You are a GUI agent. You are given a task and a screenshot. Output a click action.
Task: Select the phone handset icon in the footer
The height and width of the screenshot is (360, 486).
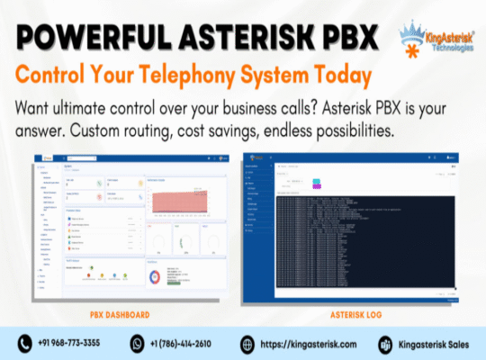pyautogui.click(x=25, y=343)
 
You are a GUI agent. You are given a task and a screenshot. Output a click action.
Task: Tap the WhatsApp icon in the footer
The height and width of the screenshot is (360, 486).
pyautogui.click(x=137, y=343)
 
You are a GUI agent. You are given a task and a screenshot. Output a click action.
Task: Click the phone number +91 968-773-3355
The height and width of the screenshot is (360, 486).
pyautogui.click(x=71, y=344)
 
